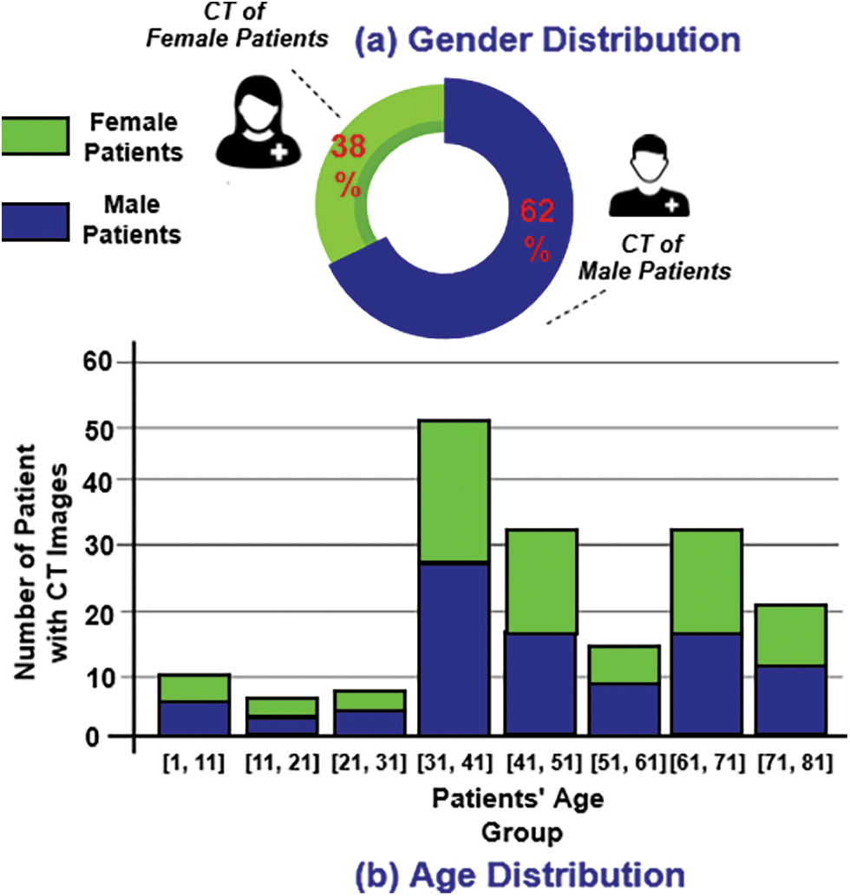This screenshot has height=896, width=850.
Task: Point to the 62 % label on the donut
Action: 536,231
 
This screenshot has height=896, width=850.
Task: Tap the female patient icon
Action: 258,124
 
